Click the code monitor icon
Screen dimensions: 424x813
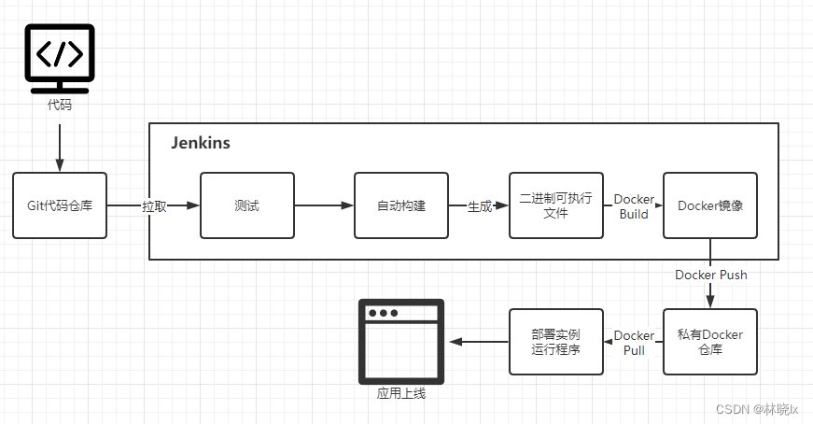coord(59,58)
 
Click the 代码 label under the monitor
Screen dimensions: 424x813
coord(59,105)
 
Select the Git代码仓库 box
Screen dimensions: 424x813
coord(60,205)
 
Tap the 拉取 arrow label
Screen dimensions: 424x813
coord(154,206)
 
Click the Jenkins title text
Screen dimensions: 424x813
coord(201,144)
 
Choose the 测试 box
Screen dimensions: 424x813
coord(246,205)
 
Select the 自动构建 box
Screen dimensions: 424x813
coord(401,205)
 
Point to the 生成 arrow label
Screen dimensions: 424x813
coord(479,206)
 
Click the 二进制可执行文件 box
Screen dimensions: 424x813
coord(555,205)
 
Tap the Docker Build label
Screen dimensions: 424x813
coord(634,206)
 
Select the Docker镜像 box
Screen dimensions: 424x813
coord(710,205)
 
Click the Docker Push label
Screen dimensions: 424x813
coord(710,276)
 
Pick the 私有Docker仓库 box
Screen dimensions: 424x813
coord(710,342)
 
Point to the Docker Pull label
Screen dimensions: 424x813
coord(634,343)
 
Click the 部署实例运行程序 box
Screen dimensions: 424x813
coord(555,342)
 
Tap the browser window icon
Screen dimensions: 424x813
coord(401,342)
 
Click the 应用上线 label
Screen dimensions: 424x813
coord(401,393)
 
